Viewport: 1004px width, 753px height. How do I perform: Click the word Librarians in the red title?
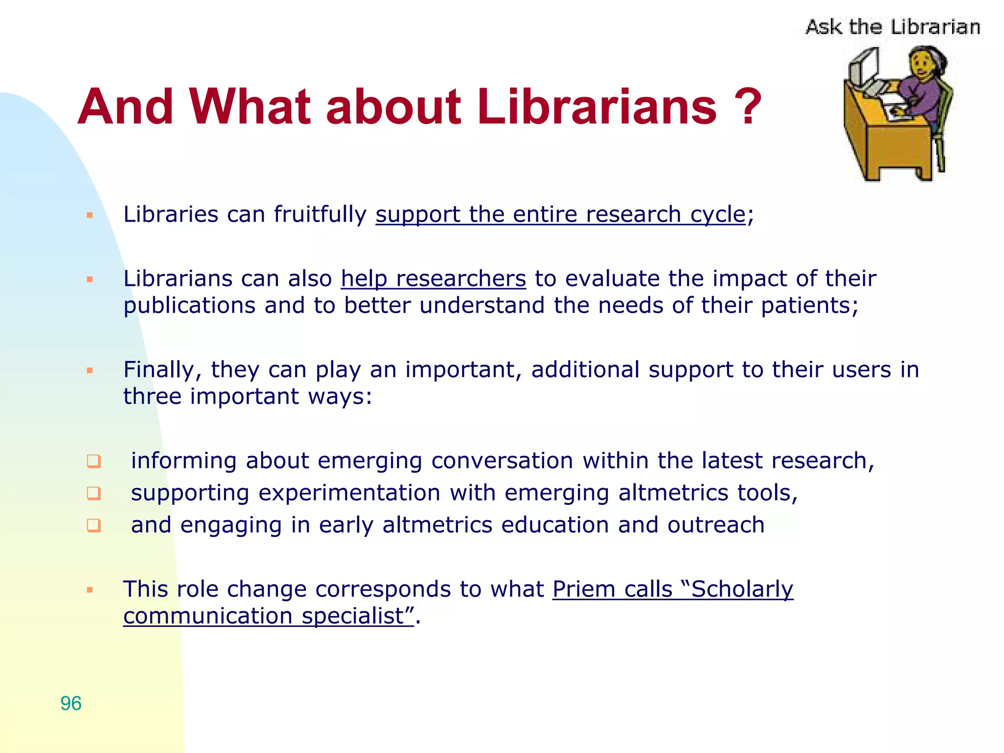[597, 106]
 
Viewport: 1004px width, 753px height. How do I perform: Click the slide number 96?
[71, 703]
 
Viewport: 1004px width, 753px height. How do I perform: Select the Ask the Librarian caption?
[892, 27]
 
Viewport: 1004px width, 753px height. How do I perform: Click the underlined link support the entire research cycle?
[560, 215]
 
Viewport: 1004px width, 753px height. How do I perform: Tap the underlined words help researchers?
[433, 279]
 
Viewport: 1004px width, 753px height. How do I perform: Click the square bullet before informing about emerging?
[94, 461]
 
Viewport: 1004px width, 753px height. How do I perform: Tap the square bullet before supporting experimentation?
[94, 493]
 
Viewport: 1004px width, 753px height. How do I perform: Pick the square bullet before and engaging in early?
[94, 526]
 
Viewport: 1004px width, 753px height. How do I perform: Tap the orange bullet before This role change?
[90, 590]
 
